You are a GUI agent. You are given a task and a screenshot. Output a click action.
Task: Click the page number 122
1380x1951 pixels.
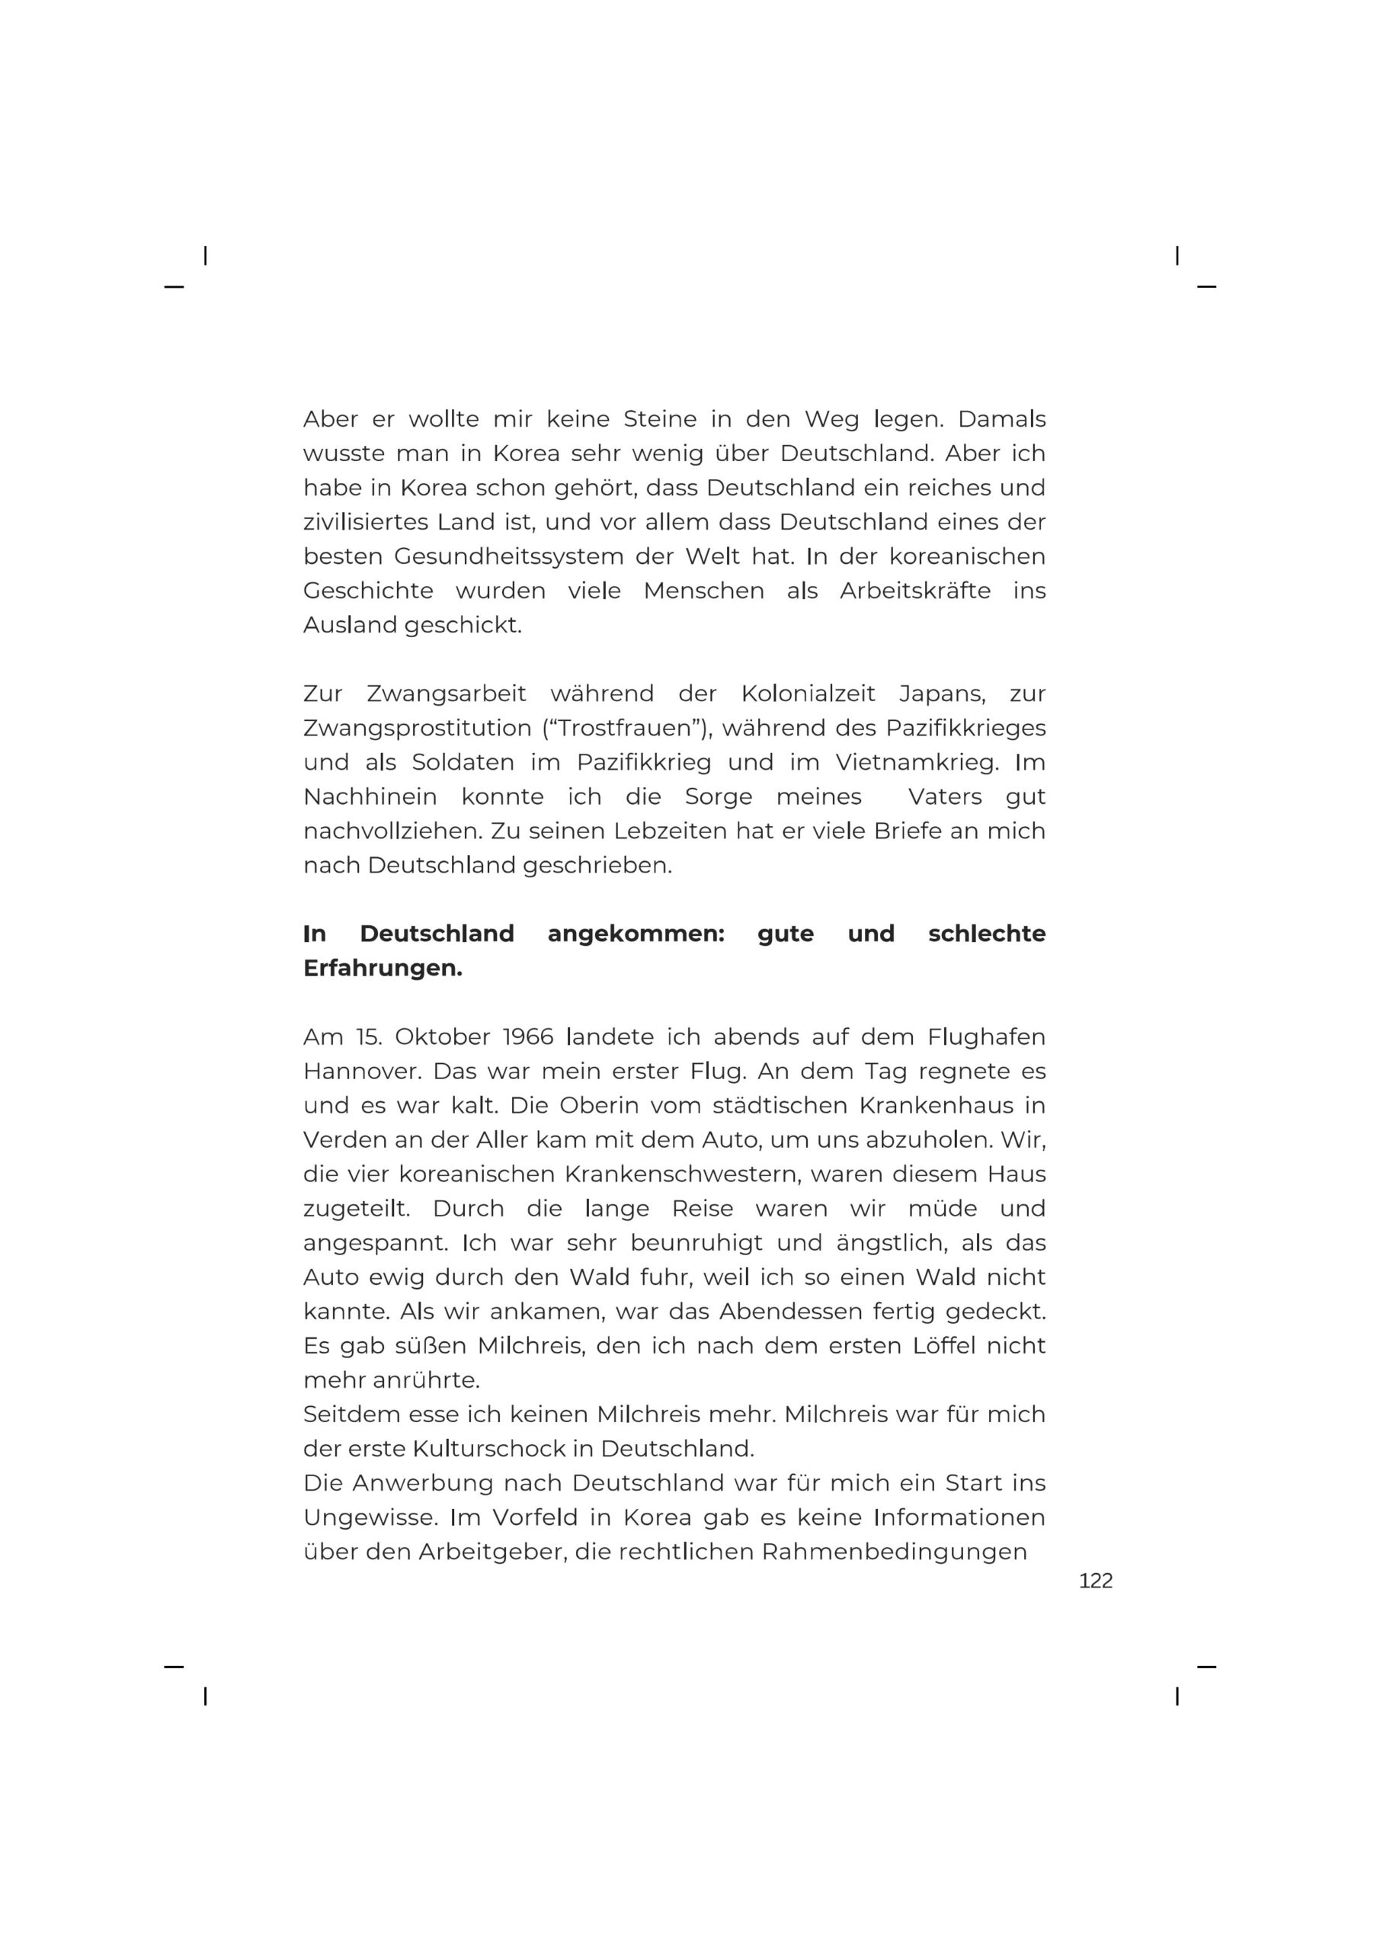click(1094, 1581)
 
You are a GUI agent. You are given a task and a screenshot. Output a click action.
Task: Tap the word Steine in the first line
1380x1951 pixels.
click(659, 420)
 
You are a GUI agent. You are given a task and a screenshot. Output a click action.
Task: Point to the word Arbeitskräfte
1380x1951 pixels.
click(914, 591)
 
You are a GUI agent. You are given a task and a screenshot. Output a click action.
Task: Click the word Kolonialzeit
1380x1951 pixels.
click(807, 694)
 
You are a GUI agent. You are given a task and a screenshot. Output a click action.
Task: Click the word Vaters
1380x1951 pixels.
click(944, 797)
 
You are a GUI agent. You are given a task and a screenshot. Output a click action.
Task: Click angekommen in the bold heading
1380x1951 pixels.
click(636, 934)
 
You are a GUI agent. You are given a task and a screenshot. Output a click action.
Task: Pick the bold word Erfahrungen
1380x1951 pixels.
click(382, 969)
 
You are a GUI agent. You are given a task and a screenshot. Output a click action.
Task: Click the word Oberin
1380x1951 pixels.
click(597, 1107)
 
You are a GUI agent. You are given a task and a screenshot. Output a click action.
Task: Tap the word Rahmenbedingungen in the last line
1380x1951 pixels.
click(893, 1552)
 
